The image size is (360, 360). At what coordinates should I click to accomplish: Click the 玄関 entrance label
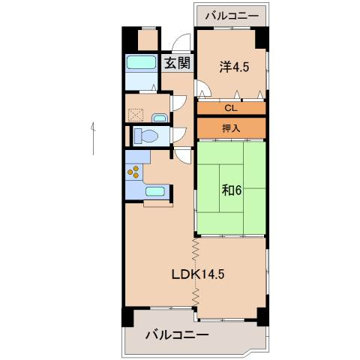(178, 63)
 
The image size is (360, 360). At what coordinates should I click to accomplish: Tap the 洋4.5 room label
(234, 67)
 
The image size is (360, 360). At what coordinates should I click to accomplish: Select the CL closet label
(231, 108)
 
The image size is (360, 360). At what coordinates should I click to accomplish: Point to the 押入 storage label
(231, 128)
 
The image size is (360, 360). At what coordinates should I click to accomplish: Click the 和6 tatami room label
(232, 190)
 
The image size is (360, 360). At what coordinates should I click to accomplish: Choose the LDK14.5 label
(198, 274)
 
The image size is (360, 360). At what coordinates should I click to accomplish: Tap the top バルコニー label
(232, 16)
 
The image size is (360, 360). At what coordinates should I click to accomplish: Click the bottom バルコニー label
(177, 334)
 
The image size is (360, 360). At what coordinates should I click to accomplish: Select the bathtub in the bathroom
(141, 62)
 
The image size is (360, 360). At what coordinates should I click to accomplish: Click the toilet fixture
(146, 136)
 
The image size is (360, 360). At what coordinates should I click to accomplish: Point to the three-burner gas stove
(133, 172)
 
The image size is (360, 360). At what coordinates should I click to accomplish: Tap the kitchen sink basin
(155, 191)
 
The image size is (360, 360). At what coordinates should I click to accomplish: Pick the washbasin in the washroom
(159, 118)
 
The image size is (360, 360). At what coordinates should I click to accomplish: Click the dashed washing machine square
(136, 115)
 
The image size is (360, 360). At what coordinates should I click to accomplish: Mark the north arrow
(93, 139)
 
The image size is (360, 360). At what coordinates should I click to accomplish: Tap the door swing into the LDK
(183, 156)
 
